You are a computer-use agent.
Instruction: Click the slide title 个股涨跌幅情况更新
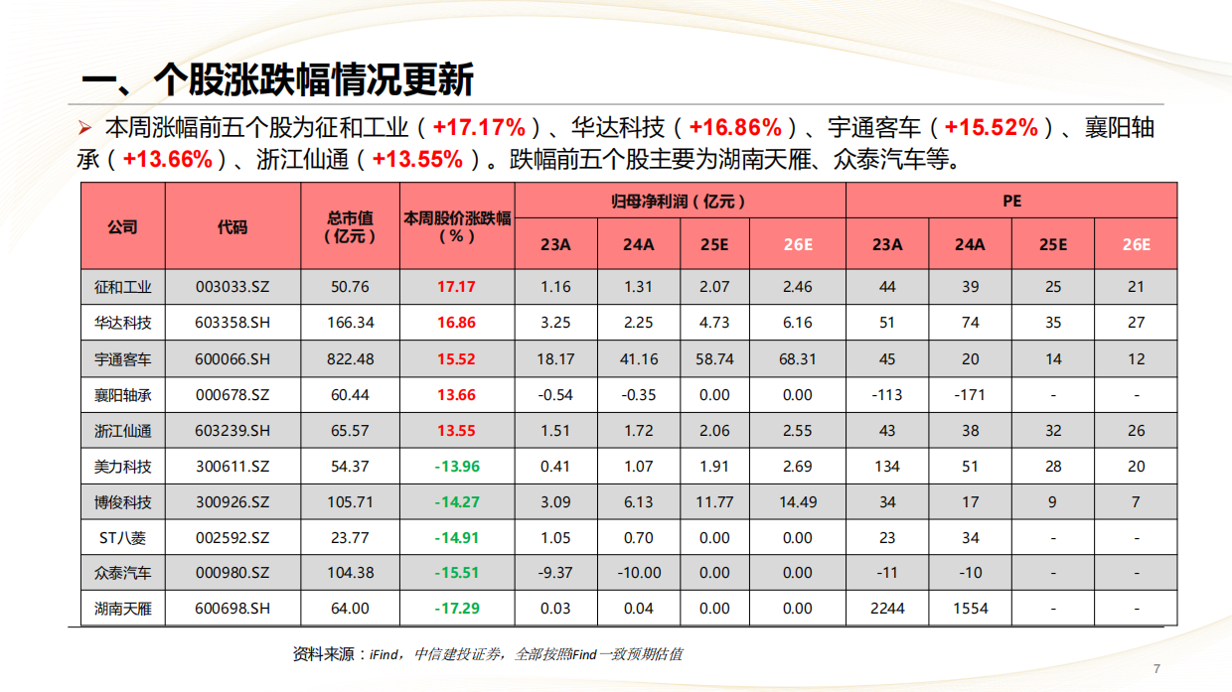coord(277,79)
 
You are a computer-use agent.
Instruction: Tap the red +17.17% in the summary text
coord(479,128)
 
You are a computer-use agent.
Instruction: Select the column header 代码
coord(232,226)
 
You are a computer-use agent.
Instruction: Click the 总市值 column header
coord(350,226)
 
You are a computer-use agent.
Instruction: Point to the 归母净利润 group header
coord(680,201)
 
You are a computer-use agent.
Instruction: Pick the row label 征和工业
coord(123,287)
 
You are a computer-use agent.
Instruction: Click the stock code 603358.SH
coord(232,323)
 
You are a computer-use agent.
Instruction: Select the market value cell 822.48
coord(350,358)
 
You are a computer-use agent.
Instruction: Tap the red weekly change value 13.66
coord(456,395)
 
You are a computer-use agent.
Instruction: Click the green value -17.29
coord(456,609)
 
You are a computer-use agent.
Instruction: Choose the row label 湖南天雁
coord(123,609)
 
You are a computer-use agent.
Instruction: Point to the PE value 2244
coord(887,609)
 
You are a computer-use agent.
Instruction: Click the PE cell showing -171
coord(970,395)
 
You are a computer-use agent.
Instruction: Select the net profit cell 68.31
coord(797,358)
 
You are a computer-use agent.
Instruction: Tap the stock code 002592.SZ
coord(232,538)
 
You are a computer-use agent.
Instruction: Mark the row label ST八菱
coord(123,538)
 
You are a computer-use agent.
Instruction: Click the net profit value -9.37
coord(555,573)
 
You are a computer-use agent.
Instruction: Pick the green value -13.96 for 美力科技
coord(456,467)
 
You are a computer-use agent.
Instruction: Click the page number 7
coord(1155,668)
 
